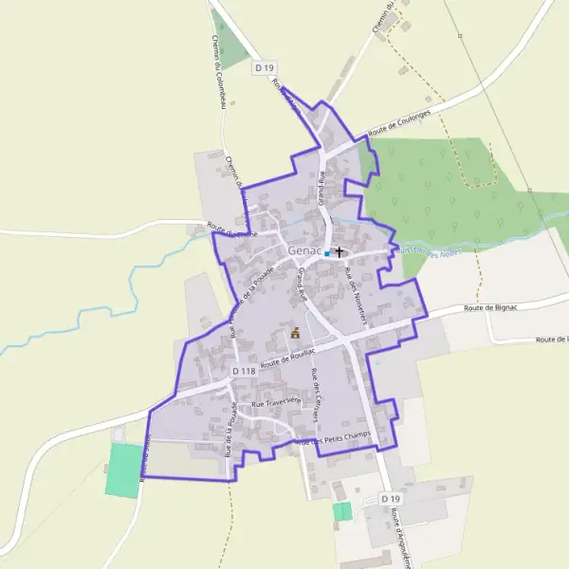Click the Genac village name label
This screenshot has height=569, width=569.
[304, 250]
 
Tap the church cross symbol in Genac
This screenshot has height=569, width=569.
[339, 253]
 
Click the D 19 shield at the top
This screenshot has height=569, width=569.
[264, 68]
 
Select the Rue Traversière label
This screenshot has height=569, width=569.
[276, 402]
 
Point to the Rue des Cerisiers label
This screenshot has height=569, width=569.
[318, 393]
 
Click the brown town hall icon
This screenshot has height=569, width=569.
[295, 333]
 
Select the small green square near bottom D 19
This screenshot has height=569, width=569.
[341, 511]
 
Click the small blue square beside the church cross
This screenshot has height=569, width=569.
[327, 253]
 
